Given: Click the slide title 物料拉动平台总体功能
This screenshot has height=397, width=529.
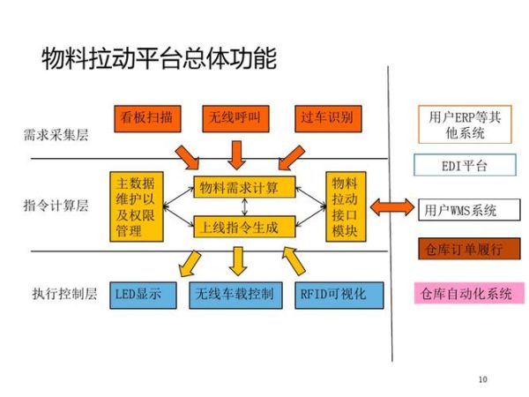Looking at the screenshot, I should click(x=159, y=59).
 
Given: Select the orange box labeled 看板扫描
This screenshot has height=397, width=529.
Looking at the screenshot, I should click(x=147, y=118).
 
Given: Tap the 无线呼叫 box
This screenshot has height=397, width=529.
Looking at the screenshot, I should click(x=235, y=118).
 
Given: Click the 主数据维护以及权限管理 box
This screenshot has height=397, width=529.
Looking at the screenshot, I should click(x=137, y=206).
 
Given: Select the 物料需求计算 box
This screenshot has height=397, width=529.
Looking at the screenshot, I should click(x=244, y=188).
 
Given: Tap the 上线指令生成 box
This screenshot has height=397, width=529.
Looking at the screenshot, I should click(x=244, y=228).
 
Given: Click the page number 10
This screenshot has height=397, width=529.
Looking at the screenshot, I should click(x=481, y=379).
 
